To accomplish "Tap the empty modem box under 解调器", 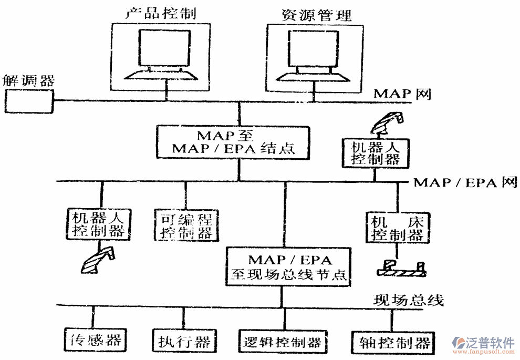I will click(29, 101).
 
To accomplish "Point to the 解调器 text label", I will click(28, 80).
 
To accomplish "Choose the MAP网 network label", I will click(402, 94).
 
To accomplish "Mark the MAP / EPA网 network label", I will click(465, 182).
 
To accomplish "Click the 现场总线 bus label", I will click(408, 301).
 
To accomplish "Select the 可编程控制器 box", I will click(186, 224).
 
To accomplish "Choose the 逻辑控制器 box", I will click(283, 342).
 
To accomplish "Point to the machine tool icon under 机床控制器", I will click(402, 269).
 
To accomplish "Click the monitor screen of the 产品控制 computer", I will click(163, 49).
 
